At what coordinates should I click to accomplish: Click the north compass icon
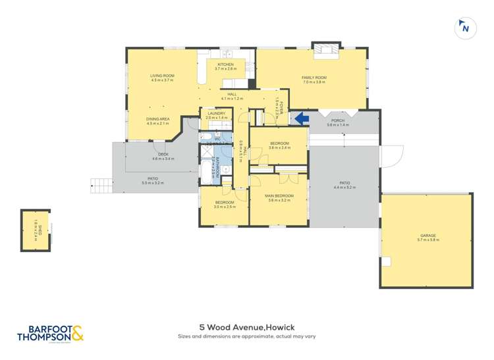(465, 28)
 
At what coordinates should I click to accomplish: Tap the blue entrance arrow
(301, 118)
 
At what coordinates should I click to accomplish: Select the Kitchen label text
(226, 66)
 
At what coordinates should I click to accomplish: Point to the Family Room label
(314, 80)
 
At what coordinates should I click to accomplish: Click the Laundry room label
(215, 115)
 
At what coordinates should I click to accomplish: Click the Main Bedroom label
(279, 197)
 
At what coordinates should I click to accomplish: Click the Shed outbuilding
(36, 230)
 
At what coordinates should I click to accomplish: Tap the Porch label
(337, 122)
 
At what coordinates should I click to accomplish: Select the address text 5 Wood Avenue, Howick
(246, 326)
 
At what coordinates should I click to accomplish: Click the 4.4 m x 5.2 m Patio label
(344, 185)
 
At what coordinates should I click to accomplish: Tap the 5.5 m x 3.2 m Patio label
(153, 182)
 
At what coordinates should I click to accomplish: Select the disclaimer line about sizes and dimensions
(246, 336)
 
